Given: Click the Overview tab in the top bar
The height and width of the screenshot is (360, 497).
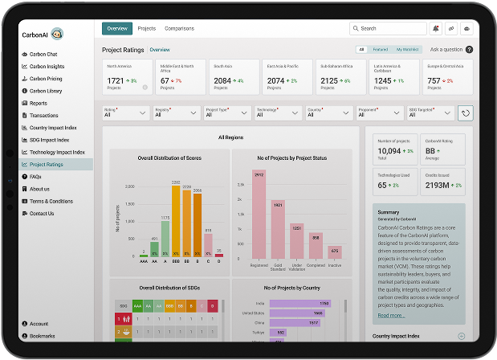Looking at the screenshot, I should [x=117, y=28].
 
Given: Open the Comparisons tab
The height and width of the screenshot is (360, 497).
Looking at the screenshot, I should [x=179, y=28].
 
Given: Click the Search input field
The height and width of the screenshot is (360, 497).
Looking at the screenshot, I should [x=387, y=28].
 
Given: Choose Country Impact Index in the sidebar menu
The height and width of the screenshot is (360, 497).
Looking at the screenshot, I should [x=53, y=127].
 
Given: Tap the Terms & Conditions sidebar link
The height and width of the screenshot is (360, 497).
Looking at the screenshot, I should [x=51, y=201].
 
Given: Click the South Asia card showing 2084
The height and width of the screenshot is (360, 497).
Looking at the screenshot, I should [x=234, y=76].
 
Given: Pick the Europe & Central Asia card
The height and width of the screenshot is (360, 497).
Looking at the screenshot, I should [x=448, y=76].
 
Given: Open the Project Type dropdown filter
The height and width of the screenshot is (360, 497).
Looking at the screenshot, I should [x=226, y=113].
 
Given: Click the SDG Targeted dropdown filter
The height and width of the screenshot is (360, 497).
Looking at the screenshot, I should [x=430, y=113].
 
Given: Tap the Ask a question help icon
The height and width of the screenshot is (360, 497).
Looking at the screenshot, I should [x=469, y=50].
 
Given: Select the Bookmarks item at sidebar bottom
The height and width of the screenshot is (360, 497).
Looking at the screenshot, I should [x=43, y=336].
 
